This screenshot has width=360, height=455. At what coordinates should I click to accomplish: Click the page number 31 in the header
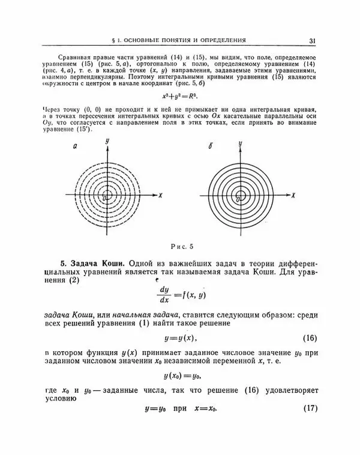313,41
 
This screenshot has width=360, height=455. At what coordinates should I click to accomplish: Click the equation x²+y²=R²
179,95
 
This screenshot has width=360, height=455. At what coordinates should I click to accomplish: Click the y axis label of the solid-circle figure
239,144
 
